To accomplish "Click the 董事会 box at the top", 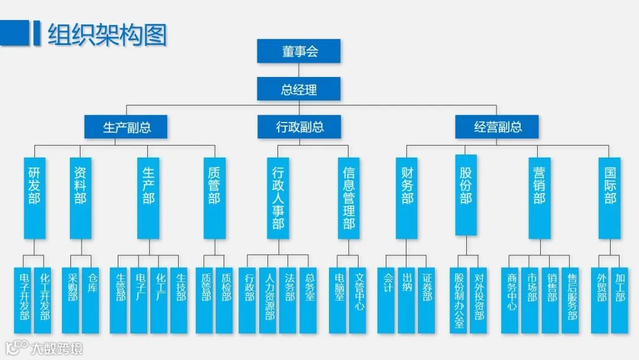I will [x=299, y=51].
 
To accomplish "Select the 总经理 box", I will [x=299, y=89].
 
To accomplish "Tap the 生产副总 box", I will [x=126, y=127].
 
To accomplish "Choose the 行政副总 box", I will [x=299, y=127].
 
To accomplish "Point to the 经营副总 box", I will [x=497, y=127].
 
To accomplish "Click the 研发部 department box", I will [x=35, y=198].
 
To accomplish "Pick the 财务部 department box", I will [x=406, y=198].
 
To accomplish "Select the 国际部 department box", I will [x=609, y=198].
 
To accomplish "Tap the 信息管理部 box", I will [x=348, y=198].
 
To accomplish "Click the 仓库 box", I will [x=91, y=300].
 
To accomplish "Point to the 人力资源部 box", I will [x=269, y=300].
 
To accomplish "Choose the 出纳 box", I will [x=407, y=300].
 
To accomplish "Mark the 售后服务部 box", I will [x=572, y=300].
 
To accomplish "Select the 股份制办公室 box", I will [x=459, y=300].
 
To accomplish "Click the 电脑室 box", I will [x=339, y=300].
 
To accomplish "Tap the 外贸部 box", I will [x=601, y=300].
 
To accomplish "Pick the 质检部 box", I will [x=225, y=300].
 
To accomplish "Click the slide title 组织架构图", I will [x=107, y=34].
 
